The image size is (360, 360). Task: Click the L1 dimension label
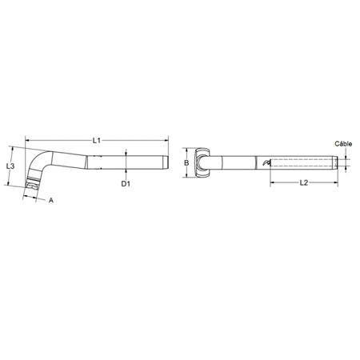point(95,140)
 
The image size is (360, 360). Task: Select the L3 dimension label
point(10,166)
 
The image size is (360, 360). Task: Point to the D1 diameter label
point(125,184)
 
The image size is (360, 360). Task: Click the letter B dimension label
point(186,163)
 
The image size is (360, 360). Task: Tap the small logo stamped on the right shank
point(266,163)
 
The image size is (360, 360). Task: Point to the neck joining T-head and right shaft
point(214,163)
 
